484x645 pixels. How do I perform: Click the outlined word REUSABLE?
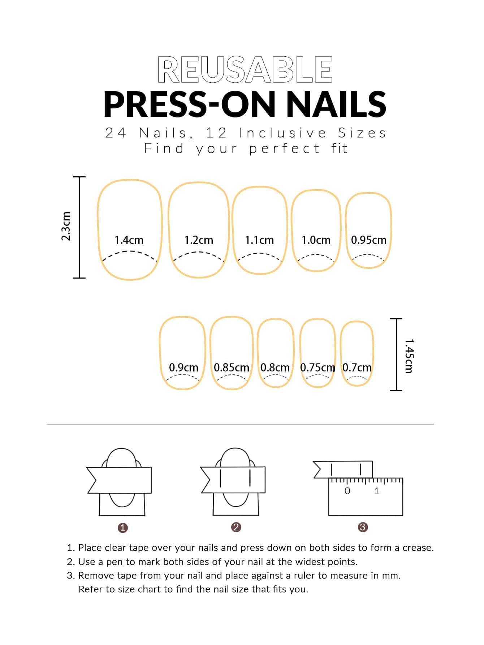click(x=245, y=69)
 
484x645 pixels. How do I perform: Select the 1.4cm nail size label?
click(x=129, y=240)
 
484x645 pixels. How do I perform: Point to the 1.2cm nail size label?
click(x=199, y=240)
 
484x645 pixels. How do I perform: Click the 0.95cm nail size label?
click(x=369, y=240)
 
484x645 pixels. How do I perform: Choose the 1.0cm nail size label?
click(x=316, y=240)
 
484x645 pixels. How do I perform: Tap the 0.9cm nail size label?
click(x=183, y=367)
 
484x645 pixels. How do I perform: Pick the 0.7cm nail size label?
click(x=357, y=367)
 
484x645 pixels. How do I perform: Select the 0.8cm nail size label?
click(x=275, y=367)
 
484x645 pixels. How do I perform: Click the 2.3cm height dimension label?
click(x=66, y=226)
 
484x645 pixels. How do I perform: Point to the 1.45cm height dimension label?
click(x=409, y=356)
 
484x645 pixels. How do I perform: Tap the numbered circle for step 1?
click(x=123, y=528)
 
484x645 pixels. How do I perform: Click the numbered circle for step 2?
click(x=236, y=527)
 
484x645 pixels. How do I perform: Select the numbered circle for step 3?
click(x=363, y=527)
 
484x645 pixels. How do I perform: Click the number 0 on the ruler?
click(x=347, y=491)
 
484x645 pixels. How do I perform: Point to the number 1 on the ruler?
click(x=377, y=491)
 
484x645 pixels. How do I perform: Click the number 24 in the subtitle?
click(x=116, y=133)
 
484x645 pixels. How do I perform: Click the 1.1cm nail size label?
click(x=259, y=240)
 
